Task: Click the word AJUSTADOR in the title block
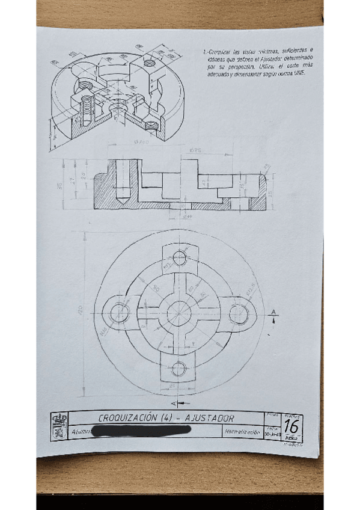[210, 418]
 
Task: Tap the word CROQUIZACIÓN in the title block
[127, 418]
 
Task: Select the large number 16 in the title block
[291, 425]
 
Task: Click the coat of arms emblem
[59, 426]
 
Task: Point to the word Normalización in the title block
[242, 432]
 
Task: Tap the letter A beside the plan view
[273, 312]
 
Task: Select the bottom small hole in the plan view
[178, 368]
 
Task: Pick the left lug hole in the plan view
[120, 312]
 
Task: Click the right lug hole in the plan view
[238, 312]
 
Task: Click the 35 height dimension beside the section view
[59, 186]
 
